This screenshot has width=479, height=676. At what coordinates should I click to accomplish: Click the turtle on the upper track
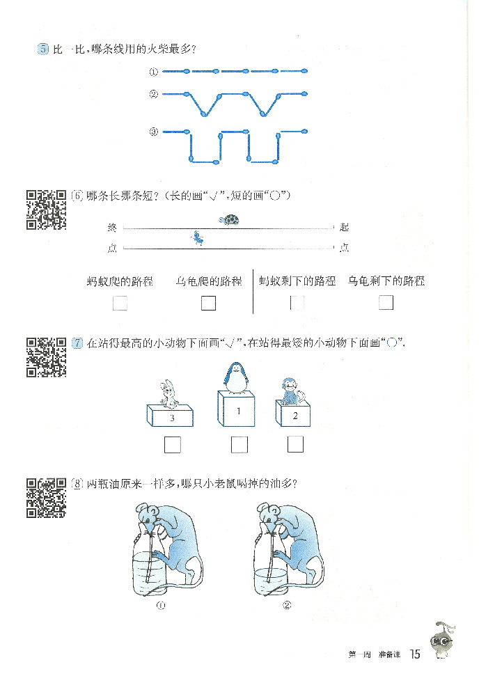[x=229, y=220]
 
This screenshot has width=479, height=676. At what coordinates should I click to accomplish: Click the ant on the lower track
[x=198, y=238]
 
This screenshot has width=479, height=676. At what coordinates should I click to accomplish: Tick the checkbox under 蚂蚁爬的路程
[x=120, y=303]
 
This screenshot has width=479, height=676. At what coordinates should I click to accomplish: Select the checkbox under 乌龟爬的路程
[x=209, y=303]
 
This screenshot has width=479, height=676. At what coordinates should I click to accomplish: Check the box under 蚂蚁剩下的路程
[x=297, y=303]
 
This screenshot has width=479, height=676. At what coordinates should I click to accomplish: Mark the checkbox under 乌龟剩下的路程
[x=386, y=303]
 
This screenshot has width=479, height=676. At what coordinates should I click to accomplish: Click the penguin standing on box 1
[x=236, y=378]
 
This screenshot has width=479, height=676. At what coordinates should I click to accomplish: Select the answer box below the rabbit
[x=173, y=445]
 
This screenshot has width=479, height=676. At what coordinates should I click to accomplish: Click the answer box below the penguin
[x=239, y=445]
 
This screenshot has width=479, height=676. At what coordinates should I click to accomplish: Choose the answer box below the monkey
[x=295, y=444]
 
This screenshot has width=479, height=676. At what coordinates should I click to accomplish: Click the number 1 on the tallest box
[x=238, y=411]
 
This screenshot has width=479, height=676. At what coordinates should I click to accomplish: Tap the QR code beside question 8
[x=46, y=498]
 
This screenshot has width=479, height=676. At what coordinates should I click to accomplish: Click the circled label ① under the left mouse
[x=161, y=606]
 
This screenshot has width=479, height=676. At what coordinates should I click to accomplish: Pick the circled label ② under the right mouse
[x=287, y=606]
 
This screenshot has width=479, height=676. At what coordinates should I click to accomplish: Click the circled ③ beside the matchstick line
[x=153, y=132]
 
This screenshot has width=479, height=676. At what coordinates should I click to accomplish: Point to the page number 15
[x=415, y=654]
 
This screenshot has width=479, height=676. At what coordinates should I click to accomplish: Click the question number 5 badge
[x=43, y=49]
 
